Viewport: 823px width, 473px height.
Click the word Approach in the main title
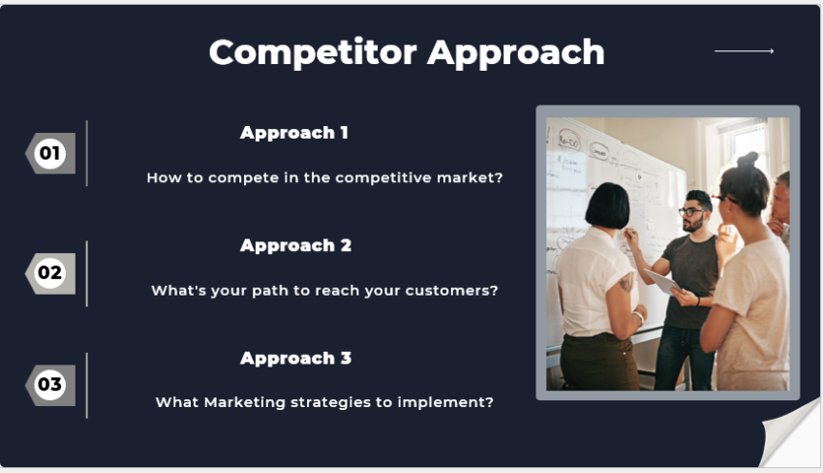tap(516, 52)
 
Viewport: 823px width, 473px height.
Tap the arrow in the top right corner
tap(744, 50)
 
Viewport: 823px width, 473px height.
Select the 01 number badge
tap(49, 153)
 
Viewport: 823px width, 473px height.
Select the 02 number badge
tap(49, 273)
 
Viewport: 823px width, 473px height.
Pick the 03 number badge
tap(49, 385)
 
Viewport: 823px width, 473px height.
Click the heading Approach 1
tap(294, 133)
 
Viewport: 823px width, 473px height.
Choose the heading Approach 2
tap(295, 245)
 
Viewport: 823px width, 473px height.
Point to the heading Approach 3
tap(295, 358)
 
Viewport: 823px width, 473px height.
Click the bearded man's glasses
tap(691, 211)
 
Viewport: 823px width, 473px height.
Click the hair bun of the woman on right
tap(747, 161)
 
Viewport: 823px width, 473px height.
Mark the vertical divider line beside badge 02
tap(87, 273)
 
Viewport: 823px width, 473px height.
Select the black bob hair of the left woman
tap(607, 205)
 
